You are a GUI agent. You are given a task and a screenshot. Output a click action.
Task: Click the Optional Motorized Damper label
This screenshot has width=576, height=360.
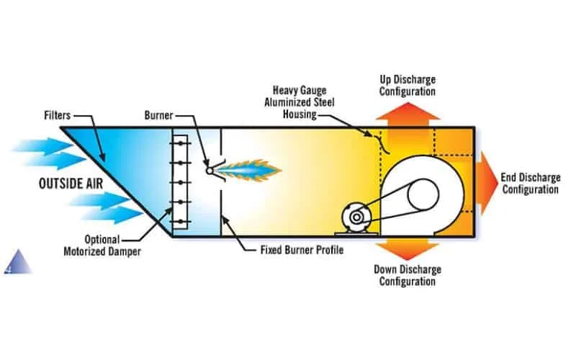109,246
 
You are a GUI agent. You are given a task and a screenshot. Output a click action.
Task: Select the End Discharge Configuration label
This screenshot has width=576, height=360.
531,184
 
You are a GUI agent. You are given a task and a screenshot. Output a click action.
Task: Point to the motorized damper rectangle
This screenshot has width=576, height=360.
179,182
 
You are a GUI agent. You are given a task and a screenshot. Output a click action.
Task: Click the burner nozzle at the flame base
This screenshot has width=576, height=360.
210,171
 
